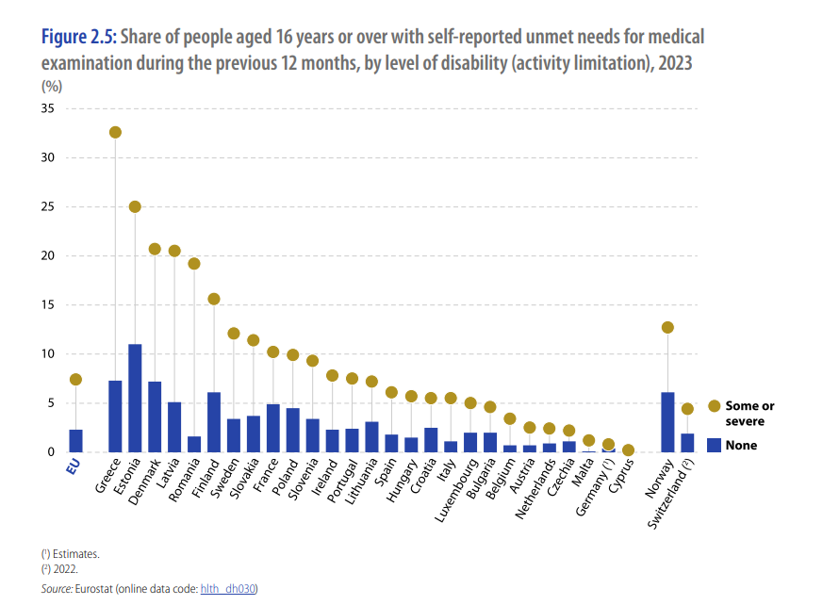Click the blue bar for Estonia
click(x=135, y=399)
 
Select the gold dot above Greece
click(x=115, y=132)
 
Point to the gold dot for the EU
click(x=75, y=380)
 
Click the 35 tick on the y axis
click(x=47, y=108)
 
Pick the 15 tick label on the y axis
click(x=47, y=304)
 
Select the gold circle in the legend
click(x=714, y=406)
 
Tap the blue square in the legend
click(x=714, y=445)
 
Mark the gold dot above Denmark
click(x=155, y=249)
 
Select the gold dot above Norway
click(x=667, y=327)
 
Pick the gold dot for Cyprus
click(x=628, y=450)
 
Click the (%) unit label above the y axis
click(x=52, y=86)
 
